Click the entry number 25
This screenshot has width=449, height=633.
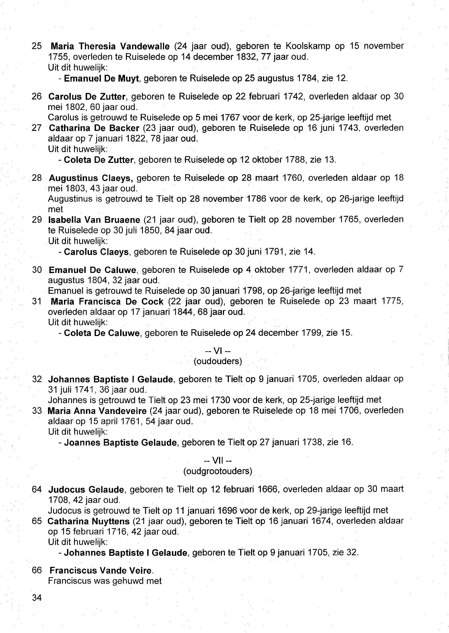pos(37,46)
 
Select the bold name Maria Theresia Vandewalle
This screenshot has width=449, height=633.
pos(110,46)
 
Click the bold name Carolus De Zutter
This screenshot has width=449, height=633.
pos(87,97)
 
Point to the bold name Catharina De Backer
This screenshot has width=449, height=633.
pos(94,128)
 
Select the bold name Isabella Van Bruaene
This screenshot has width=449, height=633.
pos(94,220)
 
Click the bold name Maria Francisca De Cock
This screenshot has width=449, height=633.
pos(107,301)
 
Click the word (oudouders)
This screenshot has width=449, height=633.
pos(218,361)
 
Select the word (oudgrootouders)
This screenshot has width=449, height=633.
pos(218,471)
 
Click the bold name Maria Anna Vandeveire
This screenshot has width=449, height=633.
pos(97,411)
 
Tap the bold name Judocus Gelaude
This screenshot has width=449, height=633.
pos(86,490)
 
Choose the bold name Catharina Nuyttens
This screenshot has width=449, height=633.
pos(88,521)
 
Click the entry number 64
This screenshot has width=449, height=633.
pos(37,490)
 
